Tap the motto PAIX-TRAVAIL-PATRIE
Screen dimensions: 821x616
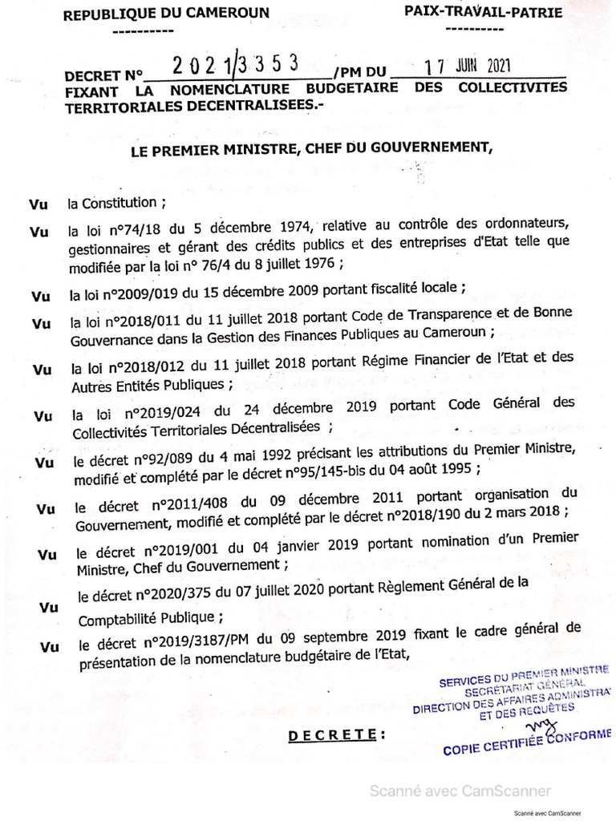tap(483, 11)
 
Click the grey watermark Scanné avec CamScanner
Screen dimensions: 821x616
tap(460, 791)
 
